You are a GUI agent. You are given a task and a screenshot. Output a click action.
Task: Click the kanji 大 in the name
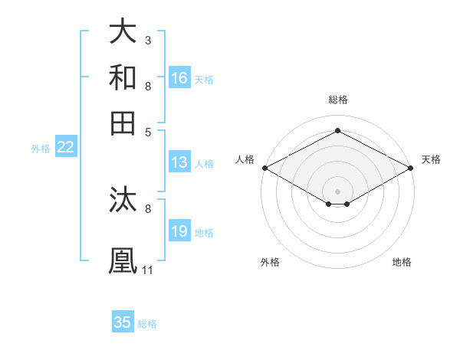(123, 32)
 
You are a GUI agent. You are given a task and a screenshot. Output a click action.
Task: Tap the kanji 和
(123, 77)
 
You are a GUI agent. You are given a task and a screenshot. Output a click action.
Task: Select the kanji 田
(123, 123)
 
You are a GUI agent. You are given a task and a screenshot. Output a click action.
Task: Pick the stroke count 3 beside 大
(148, 40)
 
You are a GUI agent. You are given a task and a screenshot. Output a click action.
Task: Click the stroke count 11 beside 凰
(148, 270)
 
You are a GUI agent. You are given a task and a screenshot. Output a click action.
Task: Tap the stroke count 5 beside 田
(148, 131)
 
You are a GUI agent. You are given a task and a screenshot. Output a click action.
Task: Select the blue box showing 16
(179, 77)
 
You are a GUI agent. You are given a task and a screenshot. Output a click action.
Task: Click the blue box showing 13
(179, 162)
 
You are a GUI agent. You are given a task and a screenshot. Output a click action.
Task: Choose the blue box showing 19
(179, 231)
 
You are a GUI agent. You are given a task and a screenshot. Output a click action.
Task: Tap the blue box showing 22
(66, 147)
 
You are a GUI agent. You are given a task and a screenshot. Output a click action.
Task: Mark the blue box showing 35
(123, 322)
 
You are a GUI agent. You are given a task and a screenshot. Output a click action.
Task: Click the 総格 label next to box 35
(147, 324)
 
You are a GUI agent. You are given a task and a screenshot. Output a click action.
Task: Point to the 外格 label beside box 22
(41, 149)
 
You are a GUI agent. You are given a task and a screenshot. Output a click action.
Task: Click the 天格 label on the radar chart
(431, 159)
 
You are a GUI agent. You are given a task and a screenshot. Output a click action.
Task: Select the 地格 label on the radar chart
(402, 262)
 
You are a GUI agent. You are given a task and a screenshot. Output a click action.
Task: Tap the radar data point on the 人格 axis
(264, 168)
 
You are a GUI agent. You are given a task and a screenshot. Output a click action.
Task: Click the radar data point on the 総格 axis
(338, 130)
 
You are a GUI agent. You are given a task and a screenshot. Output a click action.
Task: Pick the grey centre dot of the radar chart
(338, 190)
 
